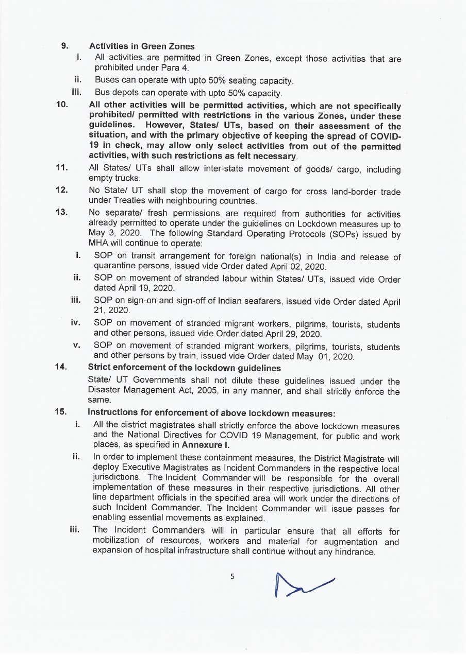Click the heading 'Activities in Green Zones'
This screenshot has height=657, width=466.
point(142,46)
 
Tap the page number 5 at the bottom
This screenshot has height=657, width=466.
point(232,577)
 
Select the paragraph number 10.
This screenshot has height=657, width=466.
point(62,106)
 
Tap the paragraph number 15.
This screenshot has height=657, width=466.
point(61,412)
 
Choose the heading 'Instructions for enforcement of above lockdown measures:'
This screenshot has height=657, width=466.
point(211,412)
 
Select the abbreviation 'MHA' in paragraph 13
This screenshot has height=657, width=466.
point(98,243)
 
